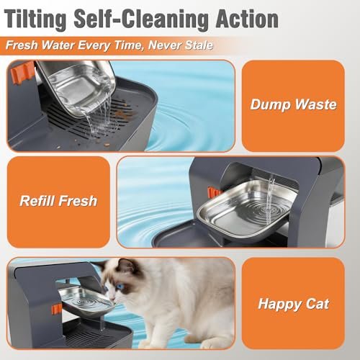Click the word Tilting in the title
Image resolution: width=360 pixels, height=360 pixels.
35,19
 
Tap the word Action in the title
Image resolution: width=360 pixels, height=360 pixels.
247,19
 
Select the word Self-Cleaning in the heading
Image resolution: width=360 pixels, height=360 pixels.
141,19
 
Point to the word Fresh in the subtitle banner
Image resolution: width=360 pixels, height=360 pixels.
22,45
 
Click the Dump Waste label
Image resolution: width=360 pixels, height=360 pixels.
293,104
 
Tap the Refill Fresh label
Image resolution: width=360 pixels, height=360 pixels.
58,201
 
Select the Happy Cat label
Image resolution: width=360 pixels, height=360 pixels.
293,305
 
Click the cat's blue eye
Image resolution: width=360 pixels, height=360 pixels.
118,287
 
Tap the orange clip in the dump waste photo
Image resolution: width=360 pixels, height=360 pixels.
22,73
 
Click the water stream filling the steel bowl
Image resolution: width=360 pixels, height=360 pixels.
270,199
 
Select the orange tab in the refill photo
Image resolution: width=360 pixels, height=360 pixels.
213,193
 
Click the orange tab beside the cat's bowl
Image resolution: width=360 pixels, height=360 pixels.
57,309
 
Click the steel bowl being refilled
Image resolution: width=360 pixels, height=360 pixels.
246,209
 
